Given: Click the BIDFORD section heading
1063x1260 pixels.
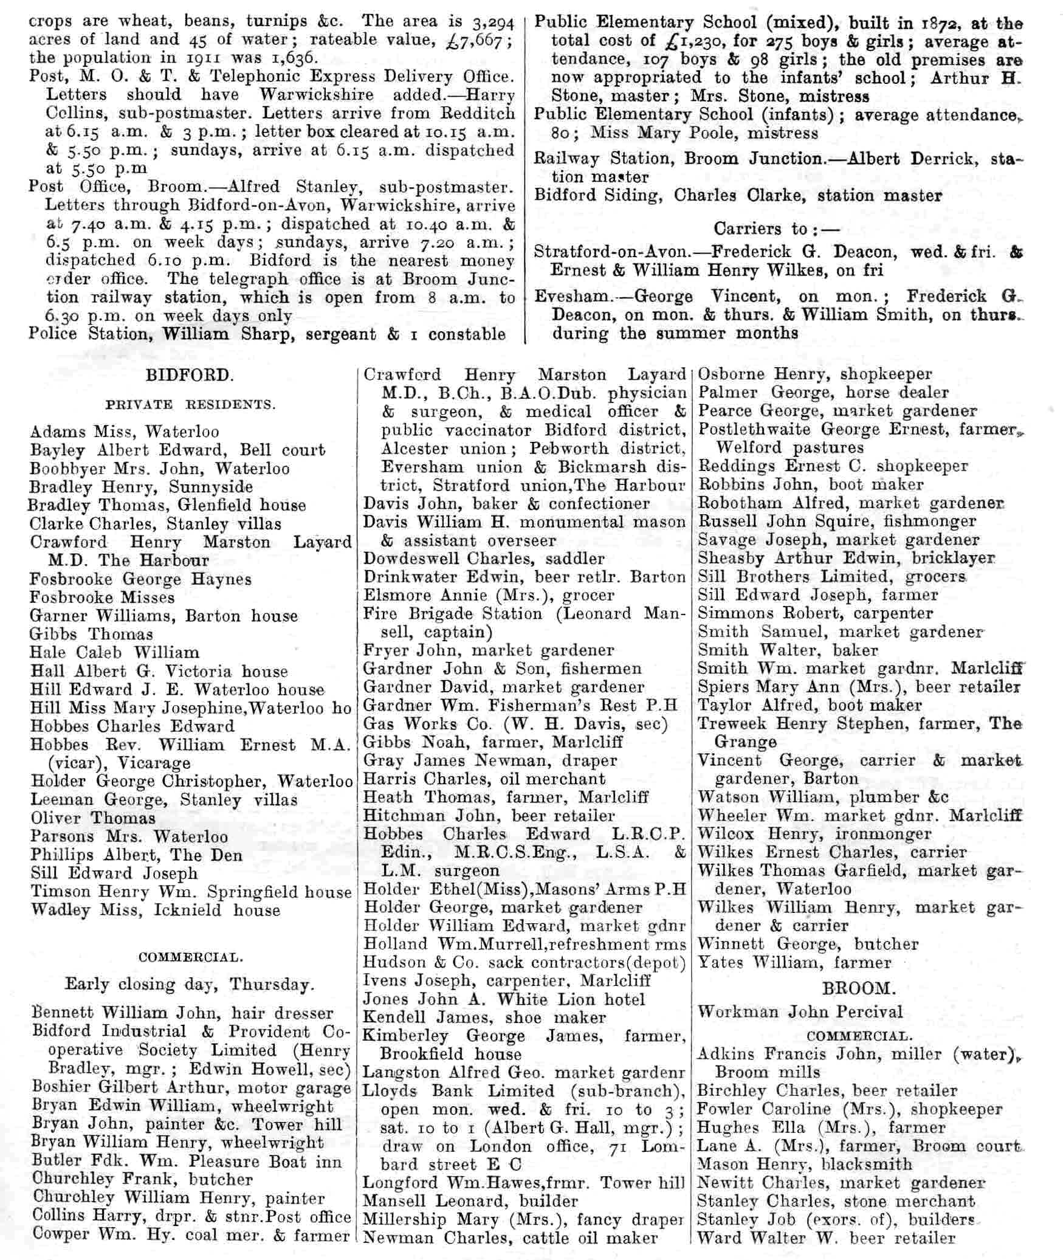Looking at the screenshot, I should (x=189, y=375).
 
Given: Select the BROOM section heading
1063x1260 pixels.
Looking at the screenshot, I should (x=859, y=988).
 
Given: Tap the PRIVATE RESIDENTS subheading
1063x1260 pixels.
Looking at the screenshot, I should (x=190, y=405).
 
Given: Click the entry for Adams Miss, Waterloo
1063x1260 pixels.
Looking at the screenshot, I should (x=125, y=432).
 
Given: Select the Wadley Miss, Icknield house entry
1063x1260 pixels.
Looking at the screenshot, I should (x=156, y=910).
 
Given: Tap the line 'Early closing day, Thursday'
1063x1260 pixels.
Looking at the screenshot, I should (x=190, y=985).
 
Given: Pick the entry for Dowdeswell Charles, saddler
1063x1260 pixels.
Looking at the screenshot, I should (x=484, y=559).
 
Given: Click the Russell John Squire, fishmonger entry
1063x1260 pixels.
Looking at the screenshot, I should (x=836, y=522).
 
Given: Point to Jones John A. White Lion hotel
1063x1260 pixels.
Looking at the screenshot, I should (x=504, y=999).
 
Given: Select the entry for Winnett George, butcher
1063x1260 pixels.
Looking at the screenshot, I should (x=808, y=944).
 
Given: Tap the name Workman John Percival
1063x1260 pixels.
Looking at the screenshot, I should (x=800, y=1012).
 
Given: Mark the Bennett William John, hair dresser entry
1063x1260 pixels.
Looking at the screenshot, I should (x=182, y=1013).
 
